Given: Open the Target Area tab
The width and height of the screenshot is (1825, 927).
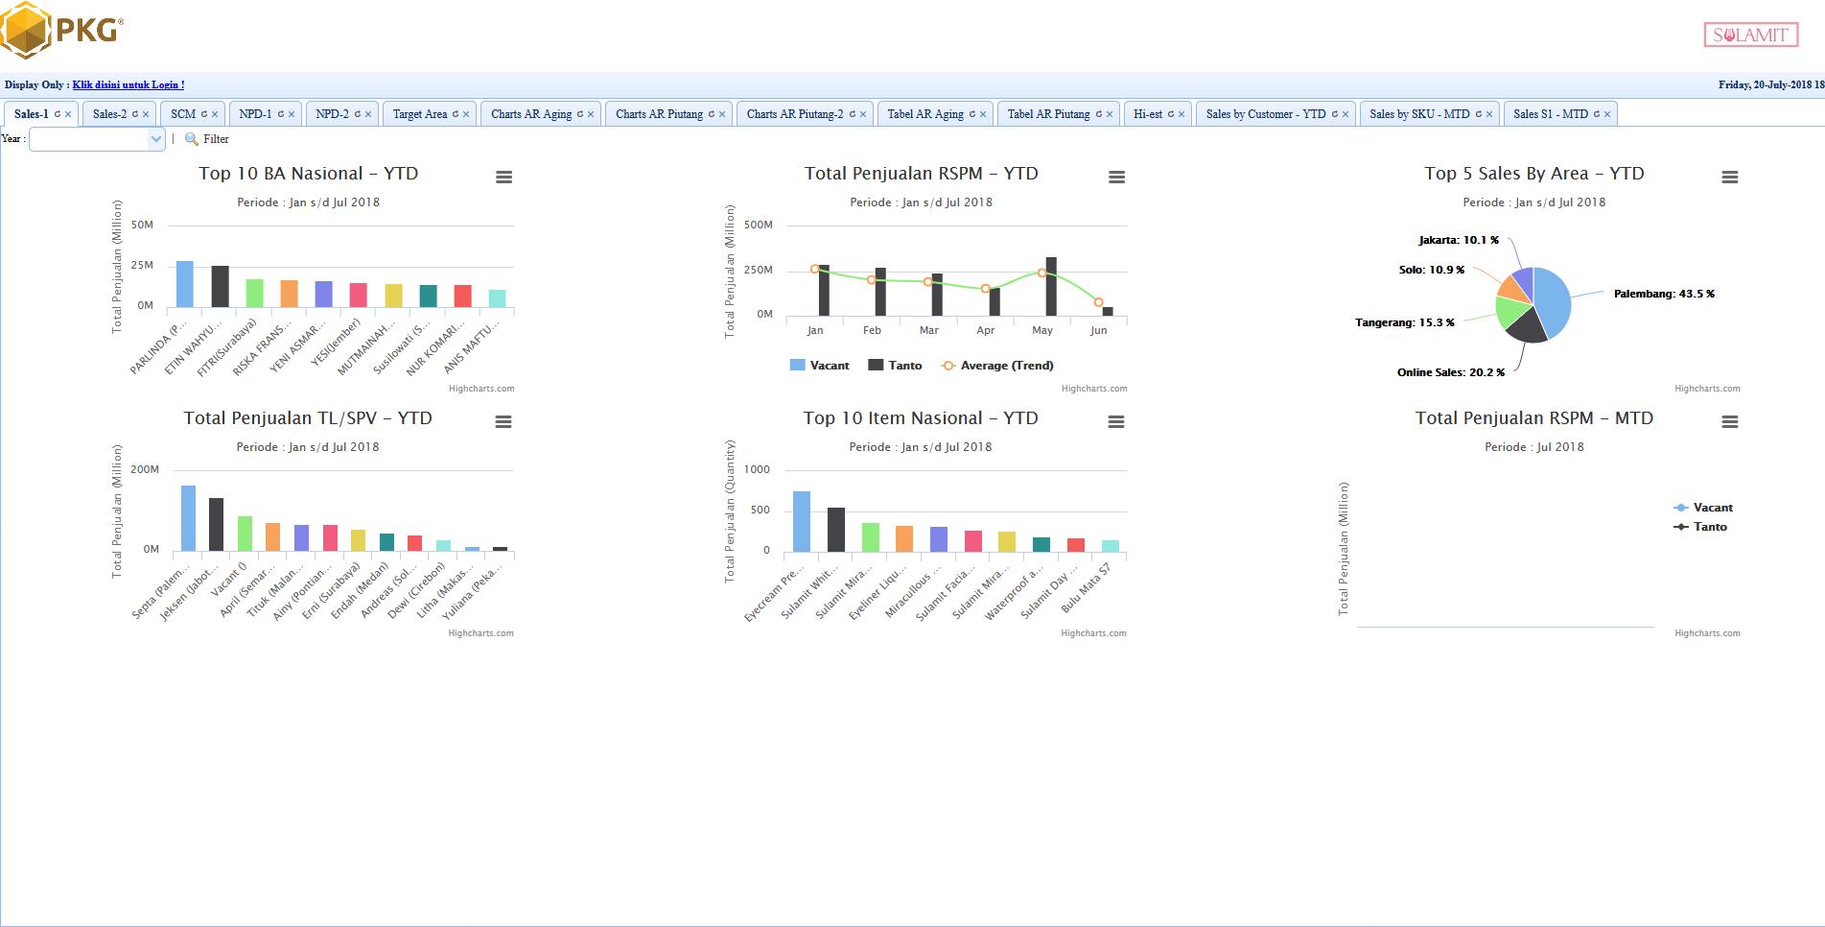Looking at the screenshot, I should click(x=420, y=114).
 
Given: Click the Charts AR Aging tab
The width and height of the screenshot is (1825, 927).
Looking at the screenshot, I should click(x=530, y=114).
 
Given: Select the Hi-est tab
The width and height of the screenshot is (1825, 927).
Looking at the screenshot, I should click(x=1147, y=114).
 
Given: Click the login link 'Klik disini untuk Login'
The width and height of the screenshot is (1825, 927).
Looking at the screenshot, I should click(x=129, y=84).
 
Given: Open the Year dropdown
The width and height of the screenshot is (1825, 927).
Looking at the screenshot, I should click(x=98, y=139).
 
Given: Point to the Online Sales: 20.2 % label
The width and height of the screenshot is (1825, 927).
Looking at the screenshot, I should click(x=1450, y=372).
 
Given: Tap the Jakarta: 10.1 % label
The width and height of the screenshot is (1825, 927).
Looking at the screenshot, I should click(x=1458, y=240).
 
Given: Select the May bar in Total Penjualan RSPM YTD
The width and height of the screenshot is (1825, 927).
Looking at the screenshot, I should click(x=1051, y=286).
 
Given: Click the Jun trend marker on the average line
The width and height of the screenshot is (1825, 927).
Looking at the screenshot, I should click(x=1098, y=302).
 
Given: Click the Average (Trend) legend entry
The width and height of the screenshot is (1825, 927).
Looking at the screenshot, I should click(x=1006, y=366).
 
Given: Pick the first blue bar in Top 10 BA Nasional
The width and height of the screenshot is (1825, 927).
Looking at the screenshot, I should click(x=184, y=284).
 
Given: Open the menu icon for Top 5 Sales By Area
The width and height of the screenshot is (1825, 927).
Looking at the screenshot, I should click(x=1729, y=178).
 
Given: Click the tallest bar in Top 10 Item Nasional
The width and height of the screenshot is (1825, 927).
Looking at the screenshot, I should click(x=802, y=521).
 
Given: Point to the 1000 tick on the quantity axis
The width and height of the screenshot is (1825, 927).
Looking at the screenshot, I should click(x=757, y=469).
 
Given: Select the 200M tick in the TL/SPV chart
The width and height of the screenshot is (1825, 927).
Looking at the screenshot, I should click(x=145, y=469).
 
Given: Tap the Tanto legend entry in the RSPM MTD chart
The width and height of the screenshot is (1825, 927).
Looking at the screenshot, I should click(x=1709, y=527).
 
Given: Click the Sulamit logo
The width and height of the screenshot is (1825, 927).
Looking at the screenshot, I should click(x=1750, y=36).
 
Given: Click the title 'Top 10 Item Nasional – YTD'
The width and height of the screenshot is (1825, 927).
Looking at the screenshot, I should click(x=920, y=418).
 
